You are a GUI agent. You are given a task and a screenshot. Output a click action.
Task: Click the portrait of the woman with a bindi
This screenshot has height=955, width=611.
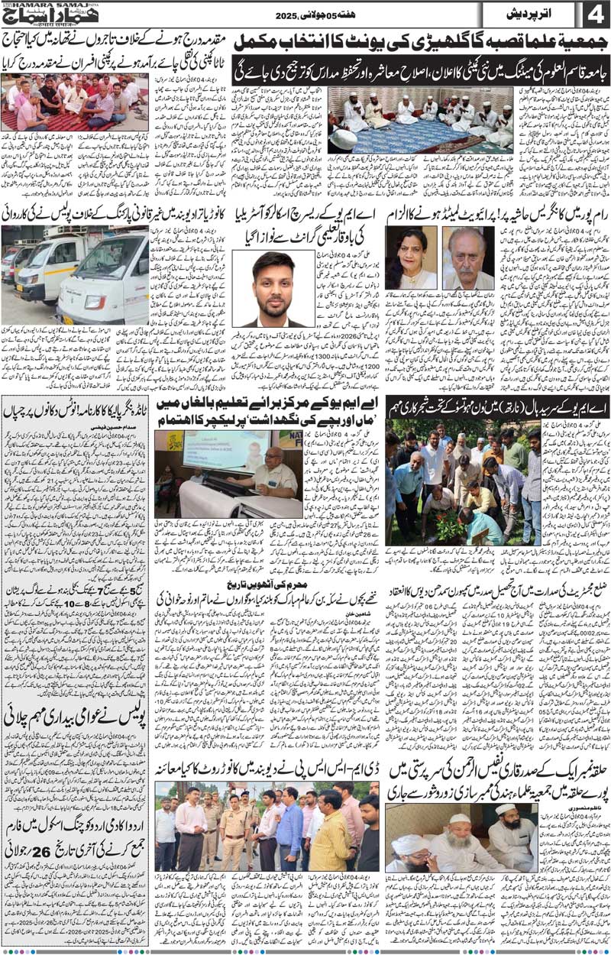411,257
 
